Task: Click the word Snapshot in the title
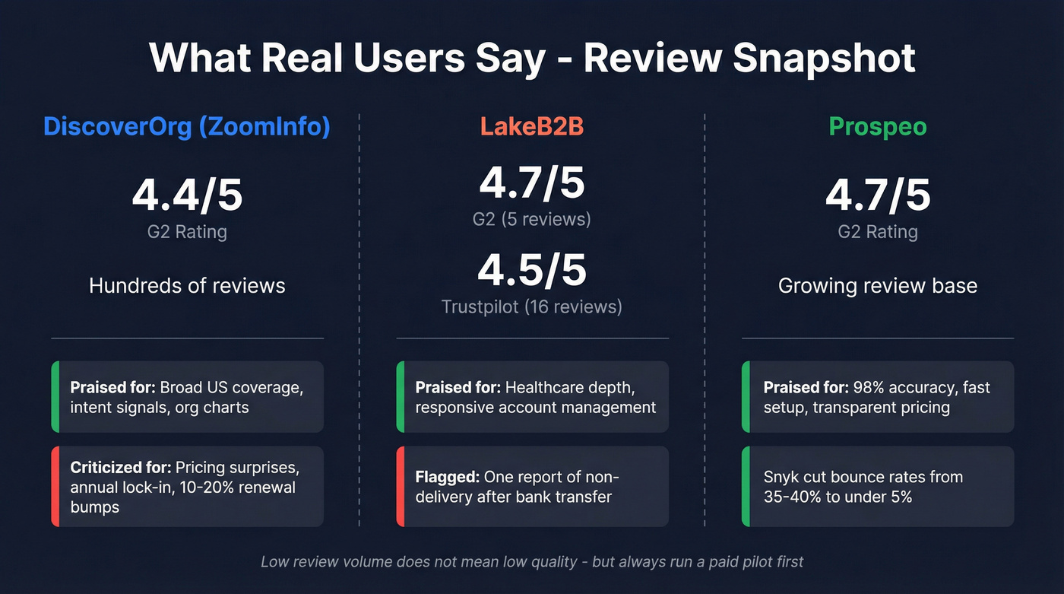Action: click(824, 58)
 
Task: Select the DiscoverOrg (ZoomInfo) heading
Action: click(187, 126)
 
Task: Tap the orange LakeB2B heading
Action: click(532, 126)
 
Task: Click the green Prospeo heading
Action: click(878, 126)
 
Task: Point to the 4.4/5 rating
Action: click(187, 195)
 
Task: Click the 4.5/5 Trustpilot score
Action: click(532, 271)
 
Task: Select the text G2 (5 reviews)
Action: click(532, 219)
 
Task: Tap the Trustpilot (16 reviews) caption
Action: click(532, 307)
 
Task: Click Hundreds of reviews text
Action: click(187, 286)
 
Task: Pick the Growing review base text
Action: click(878, 286)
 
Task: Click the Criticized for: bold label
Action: click(121, 467)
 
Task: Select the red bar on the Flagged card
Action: click(400, 487)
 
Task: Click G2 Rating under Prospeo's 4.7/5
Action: click(878, 232)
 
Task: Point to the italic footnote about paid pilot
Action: click(532, 562)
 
